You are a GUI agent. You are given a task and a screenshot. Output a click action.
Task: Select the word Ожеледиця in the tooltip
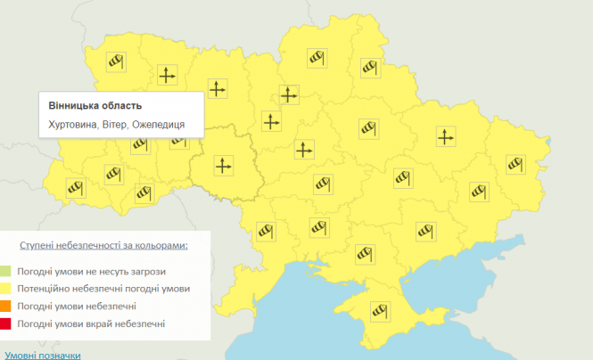coord(160,124)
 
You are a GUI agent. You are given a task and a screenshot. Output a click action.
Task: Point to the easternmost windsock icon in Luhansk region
coord(516,163)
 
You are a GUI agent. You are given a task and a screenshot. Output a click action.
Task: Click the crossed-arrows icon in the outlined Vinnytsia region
coord(223,164)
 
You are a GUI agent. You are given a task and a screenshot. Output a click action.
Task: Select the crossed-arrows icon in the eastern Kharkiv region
coord(445,136)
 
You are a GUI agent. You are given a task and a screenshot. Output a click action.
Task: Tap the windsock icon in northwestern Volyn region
coord(115,61)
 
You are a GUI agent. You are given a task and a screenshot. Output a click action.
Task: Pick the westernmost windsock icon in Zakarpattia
coord(76,187)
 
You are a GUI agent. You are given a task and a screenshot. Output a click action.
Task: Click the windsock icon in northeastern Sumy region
coord(370,67)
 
